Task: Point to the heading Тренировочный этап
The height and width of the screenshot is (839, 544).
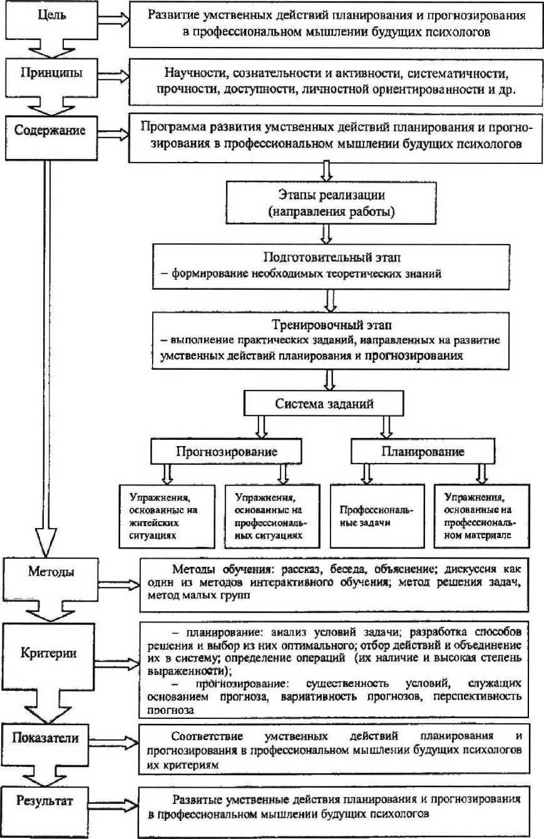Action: pyautogui.click(x=329, y=326)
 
